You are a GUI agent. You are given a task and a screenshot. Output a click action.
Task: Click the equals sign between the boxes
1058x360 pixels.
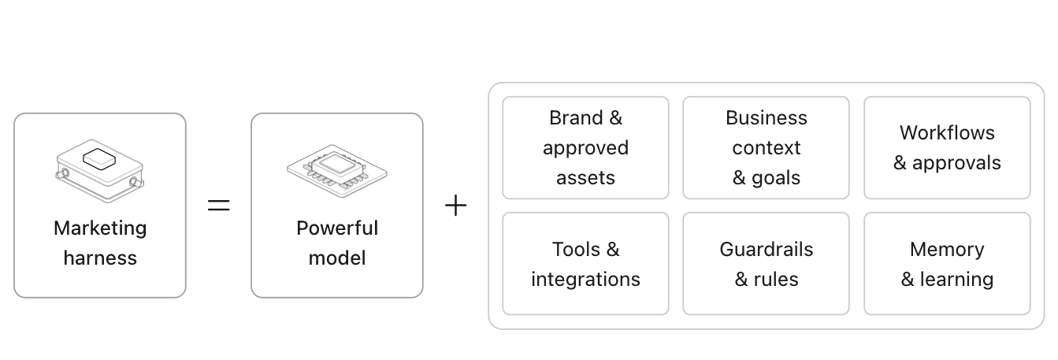[x=219, y=205]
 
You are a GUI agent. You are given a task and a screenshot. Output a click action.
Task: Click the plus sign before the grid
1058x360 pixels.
[x=456, y=206]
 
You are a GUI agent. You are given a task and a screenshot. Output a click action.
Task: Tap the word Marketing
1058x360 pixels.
[x=100, y=228]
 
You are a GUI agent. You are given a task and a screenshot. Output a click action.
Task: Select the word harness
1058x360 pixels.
[x=100, y=258]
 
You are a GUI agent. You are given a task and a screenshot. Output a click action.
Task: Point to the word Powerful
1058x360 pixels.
[x=337, y=228]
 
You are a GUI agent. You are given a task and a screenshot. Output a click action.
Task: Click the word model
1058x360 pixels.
[x=337, y=258]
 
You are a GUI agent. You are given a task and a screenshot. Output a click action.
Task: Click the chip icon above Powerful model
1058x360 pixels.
[x=337, y=171]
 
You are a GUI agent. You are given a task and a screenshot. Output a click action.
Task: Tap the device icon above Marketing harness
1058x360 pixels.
[x=100, y=171]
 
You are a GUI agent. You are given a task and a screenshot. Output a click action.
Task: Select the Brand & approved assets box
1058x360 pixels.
[x=585, y=148]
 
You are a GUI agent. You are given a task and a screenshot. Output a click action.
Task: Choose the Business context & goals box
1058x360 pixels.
[x=766, y=148]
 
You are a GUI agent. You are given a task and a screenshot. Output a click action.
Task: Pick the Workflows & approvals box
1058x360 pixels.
[x=947, y=148]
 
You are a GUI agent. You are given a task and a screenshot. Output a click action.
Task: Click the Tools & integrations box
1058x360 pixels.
[x=585, y=264]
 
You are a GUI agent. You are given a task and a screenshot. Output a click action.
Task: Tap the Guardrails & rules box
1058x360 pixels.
[x=766, y=264]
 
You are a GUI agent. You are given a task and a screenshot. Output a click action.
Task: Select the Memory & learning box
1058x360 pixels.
[x=947, y=264]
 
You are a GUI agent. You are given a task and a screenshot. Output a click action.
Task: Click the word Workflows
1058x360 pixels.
[x=947, y=133]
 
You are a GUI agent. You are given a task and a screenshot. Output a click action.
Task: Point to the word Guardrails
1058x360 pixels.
[x=766, y=249]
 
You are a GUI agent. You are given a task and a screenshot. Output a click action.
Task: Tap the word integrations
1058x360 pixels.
[x=585, y=279]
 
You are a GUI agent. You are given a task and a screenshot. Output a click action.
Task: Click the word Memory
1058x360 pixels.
[x=947, y=250]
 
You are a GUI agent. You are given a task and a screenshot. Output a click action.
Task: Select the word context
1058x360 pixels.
[x=766, y=148]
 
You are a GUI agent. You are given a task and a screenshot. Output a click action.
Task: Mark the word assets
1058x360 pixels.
[x=585, y=178]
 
